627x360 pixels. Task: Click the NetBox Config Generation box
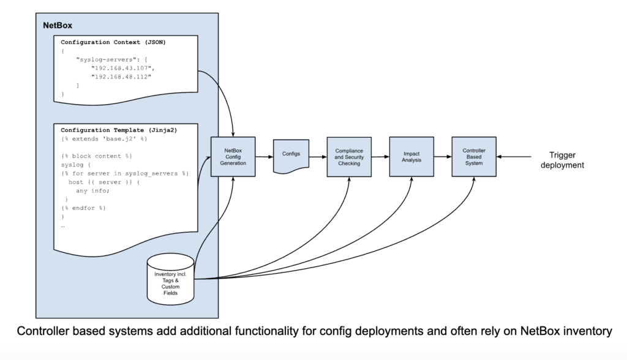[233, 156]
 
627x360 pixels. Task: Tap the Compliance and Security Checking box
[350, 156]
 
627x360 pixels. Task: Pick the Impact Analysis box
[411, 156]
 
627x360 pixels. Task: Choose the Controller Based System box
[473, 156]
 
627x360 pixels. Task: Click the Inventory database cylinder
[170, 282]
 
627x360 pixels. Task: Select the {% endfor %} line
[84, 208]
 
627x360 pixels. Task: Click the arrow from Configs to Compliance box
[317, 157]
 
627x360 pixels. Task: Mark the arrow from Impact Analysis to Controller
[441, 157]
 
